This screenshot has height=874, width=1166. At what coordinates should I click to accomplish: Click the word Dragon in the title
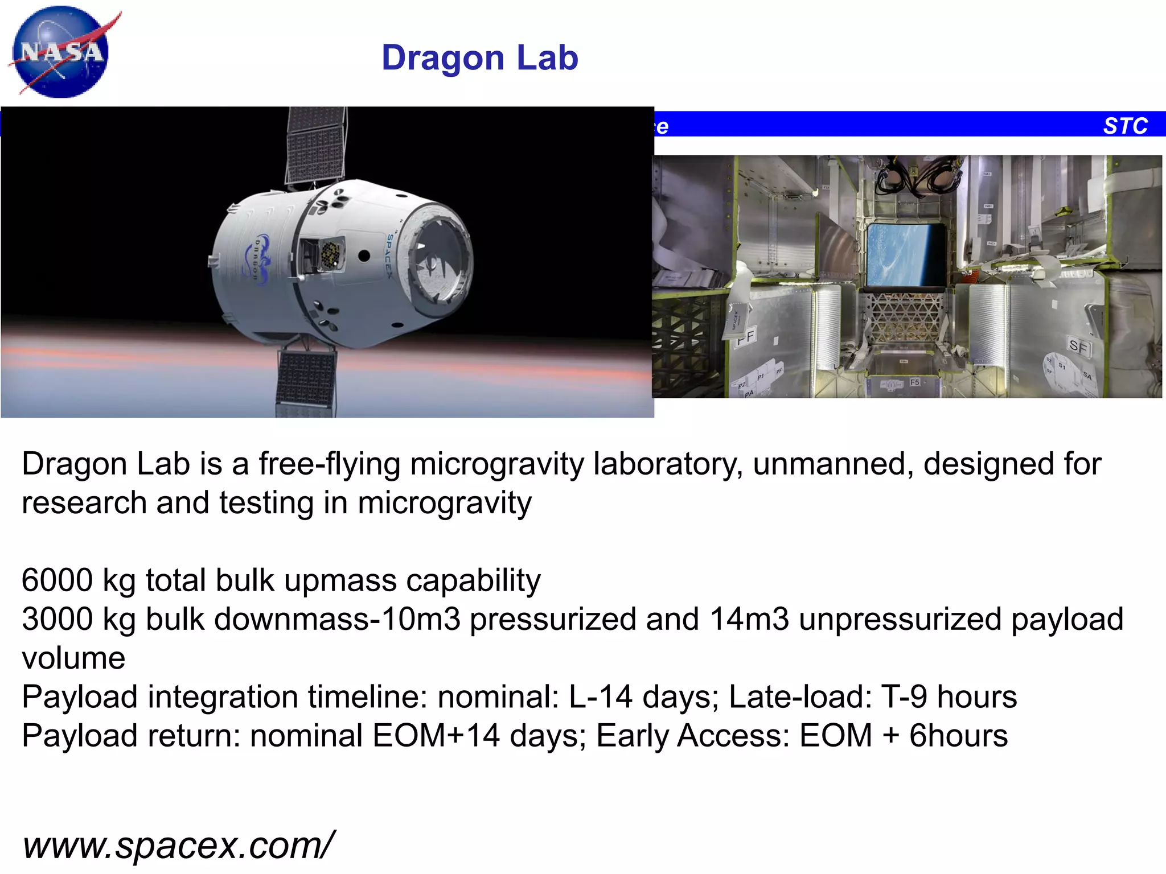[x=443, y=58]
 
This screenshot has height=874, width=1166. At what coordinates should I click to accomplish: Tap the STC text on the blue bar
[x=1125, y=126]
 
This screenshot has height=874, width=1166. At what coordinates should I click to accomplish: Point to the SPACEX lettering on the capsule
[x=390, y=256]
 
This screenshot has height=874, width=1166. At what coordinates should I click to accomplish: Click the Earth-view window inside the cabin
[x=907, y=254]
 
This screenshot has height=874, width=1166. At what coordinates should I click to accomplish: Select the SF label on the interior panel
[x=1078, y=345]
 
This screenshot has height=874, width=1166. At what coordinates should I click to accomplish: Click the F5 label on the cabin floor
[x=915, y=382]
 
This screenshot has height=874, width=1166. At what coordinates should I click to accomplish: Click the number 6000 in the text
[x=57, y=580]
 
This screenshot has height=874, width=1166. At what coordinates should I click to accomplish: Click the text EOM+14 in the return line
[x=436, y=736]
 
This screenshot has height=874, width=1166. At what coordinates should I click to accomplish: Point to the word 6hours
[x=958, y=736]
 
